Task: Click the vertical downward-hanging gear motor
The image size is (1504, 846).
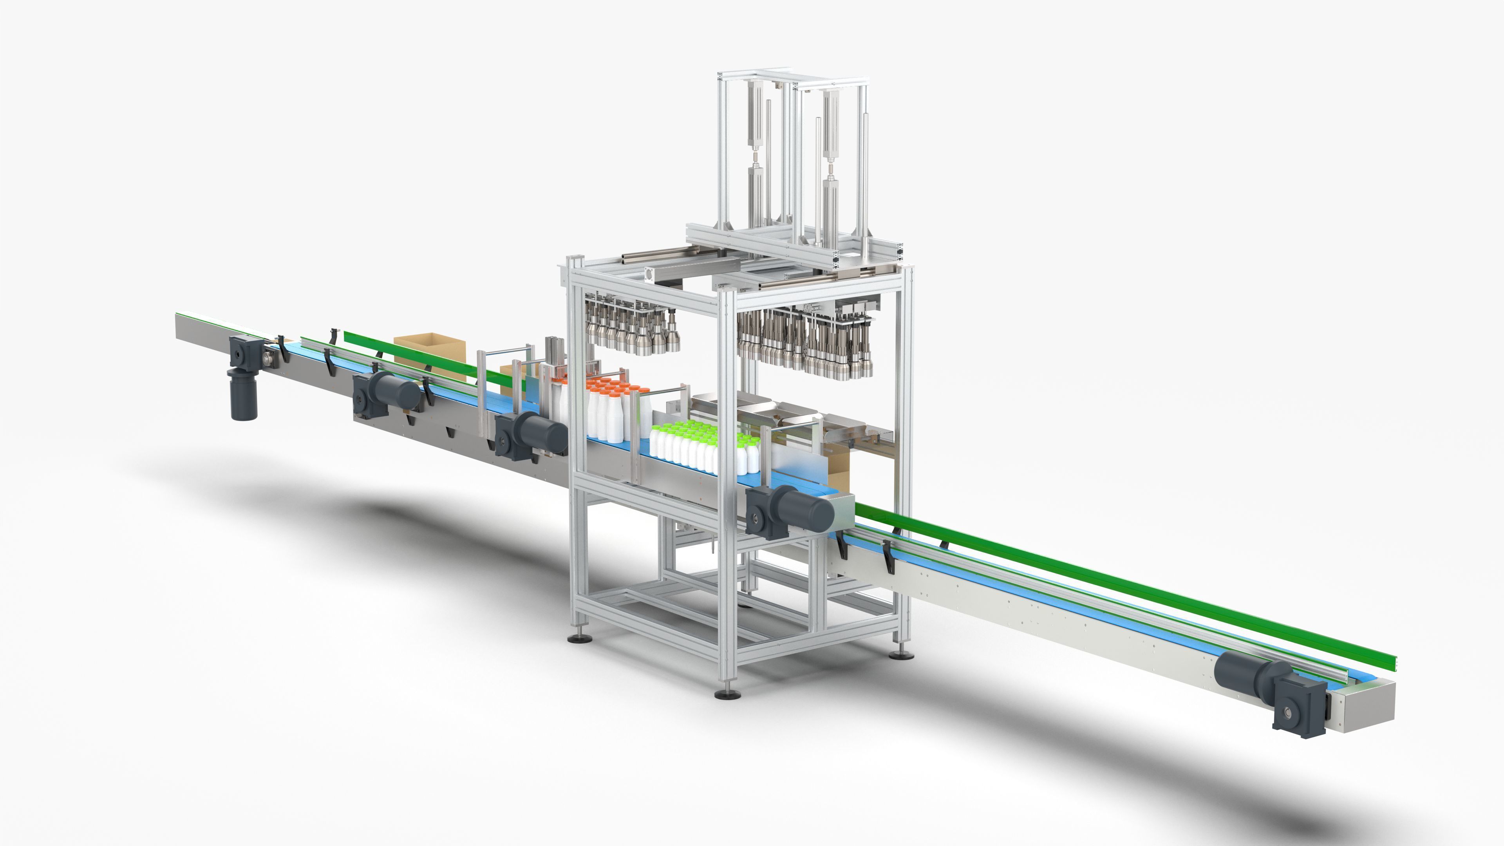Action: point(244,394)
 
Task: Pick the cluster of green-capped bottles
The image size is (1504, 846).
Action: point(701,446)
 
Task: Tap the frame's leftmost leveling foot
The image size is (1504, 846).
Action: point(578,638)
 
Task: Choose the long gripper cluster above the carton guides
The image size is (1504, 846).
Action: point(806,342)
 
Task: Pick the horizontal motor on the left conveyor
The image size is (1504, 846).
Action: point(385,394)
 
